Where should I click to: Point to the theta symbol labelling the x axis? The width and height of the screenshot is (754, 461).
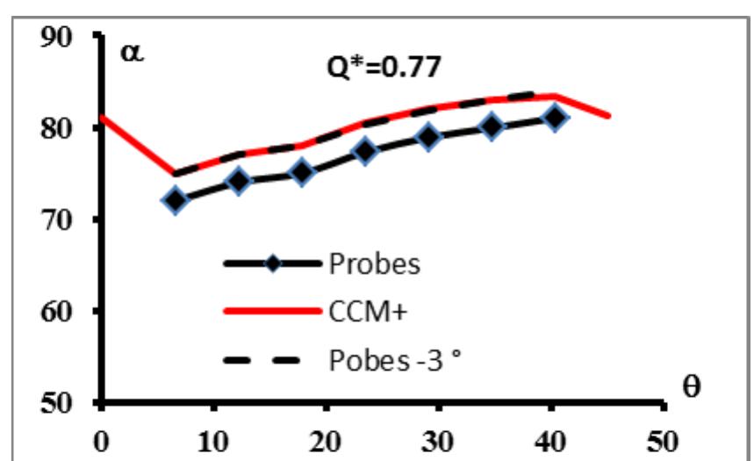coord(692,386)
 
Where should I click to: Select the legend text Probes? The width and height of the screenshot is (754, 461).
coord(375,263)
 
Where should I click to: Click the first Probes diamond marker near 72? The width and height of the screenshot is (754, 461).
coord(176,199)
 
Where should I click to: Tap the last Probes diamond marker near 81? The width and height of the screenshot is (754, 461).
coord(555,118)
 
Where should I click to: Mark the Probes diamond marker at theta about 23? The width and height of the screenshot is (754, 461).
coord(366,151)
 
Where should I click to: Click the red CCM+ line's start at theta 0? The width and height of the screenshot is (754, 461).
coord(104,117)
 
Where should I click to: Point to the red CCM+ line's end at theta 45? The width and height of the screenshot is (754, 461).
coord(608,115)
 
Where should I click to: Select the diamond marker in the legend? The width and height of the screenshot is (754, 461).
coord(272,263)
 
